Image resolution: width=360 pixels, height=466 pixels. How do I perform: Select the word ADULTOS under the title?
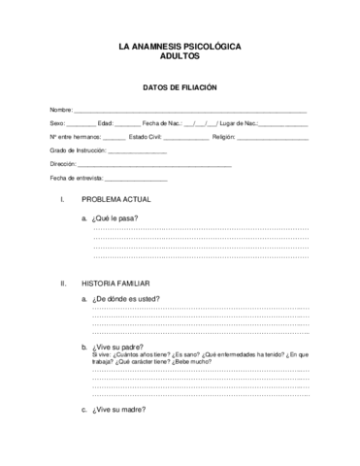(180, 56)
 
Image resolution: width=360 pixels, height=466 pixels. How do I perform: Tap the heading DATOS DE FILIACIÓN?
(180, 87)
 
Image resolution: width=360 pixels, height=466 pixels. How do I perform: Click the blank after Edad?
(127, 125)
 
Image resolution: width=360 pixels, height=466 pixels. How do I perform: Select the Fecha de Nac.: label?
(163, 124)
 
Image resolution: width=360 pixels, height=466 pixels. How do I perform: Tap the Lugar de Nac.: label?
(239, 124)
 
